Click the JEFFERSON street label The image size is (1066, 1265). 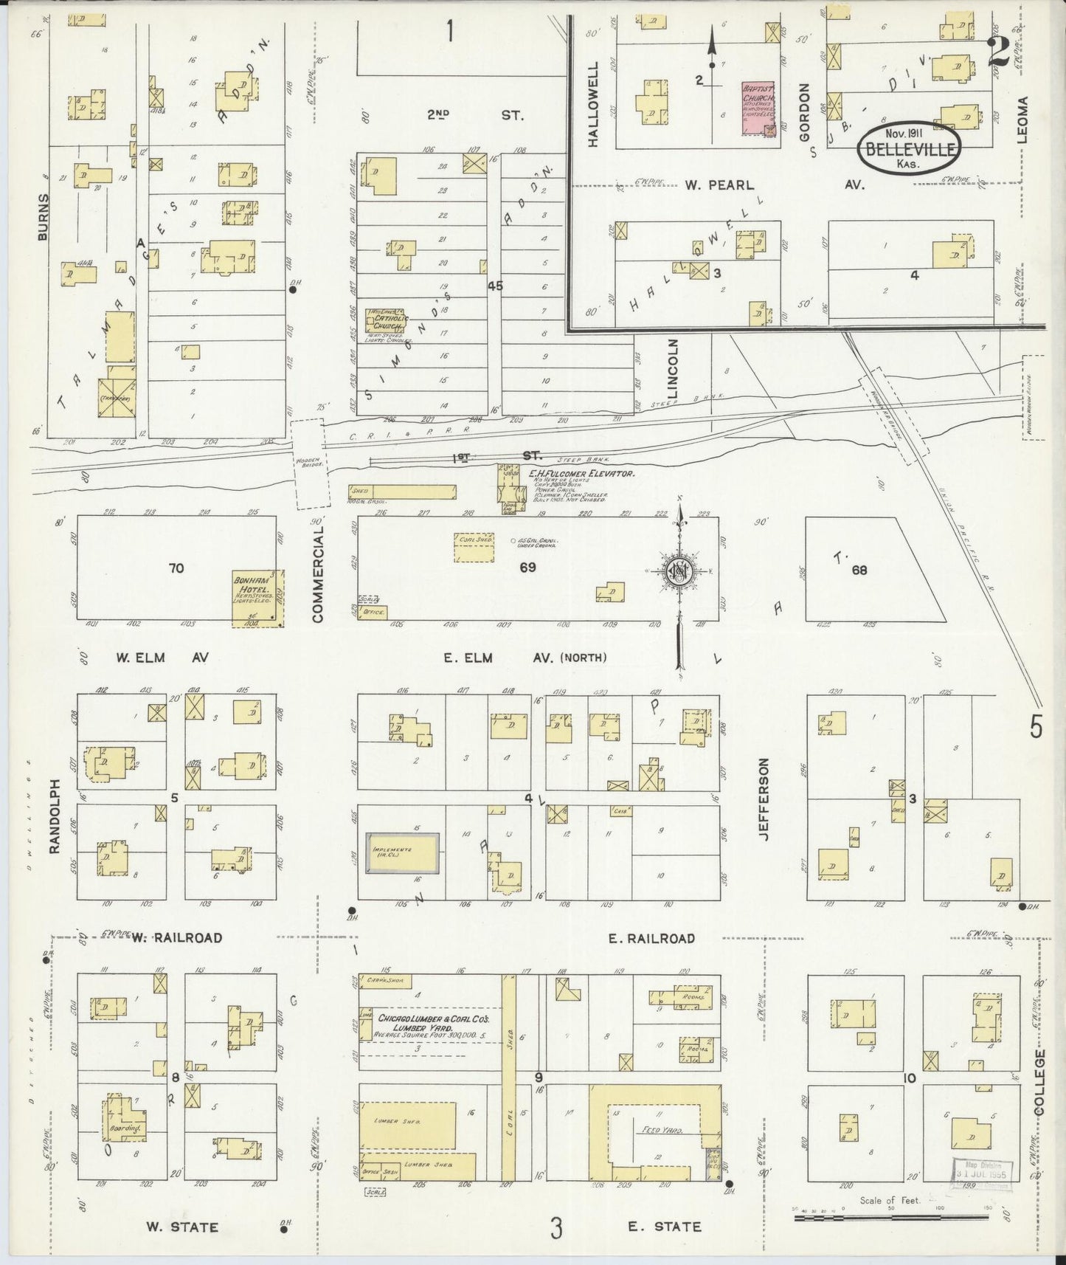[x=763, y=800]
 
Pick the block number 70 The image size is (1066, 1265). [x=176, y=568]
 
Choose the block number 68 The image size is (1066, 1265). [x=859, y=570]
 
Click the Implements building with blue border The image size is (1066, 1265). [x=402, y=854]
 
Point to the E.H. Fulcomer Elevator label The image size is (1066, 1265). [x=582, y=475]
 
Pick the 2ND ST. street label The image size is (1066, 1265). [x=475, y=115]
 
